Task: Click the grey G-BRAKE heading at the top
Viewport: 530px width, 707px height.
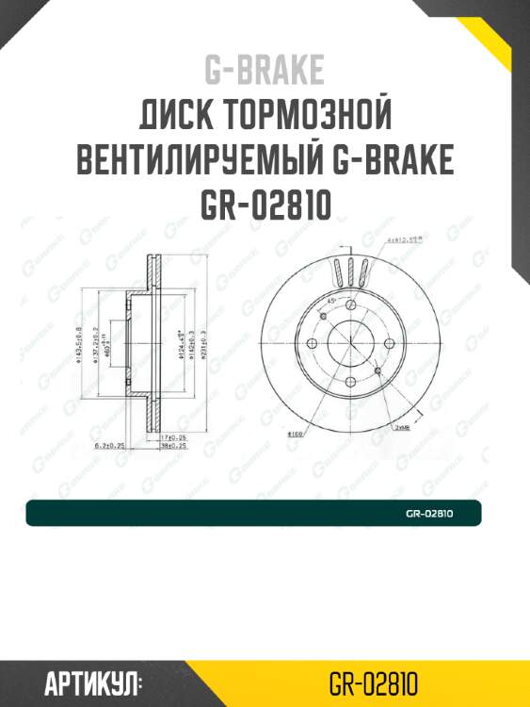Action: [264, 70]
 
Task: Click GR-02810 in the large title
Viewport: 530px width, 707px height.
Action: [265, 205]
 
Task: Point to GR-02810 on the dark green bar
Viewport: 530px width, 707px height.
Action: [430, 514]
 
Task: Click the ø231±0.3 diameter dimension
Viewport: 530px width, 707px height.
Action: [202, 346]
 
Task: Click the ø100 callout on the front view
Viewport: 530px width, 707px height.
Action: [294, 435]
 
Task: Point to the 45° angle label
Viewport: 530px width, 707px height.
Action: [332, 300]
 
